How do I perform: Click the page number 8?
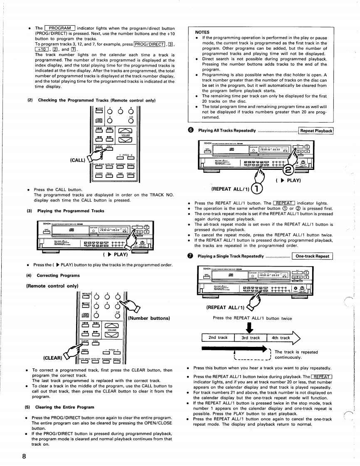[25, 456]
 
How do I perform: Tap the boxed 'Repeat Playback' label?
[316, 131]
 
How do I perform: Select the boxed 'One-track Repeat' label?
[312, 256]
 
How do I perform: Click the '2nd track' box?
[217, 338]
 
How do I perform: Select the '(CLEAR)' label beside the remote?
[52, 357]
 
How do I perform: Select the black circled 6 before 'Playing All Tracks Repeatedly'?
[190, 131]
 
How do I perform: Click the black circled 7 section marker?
[190, 256]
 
